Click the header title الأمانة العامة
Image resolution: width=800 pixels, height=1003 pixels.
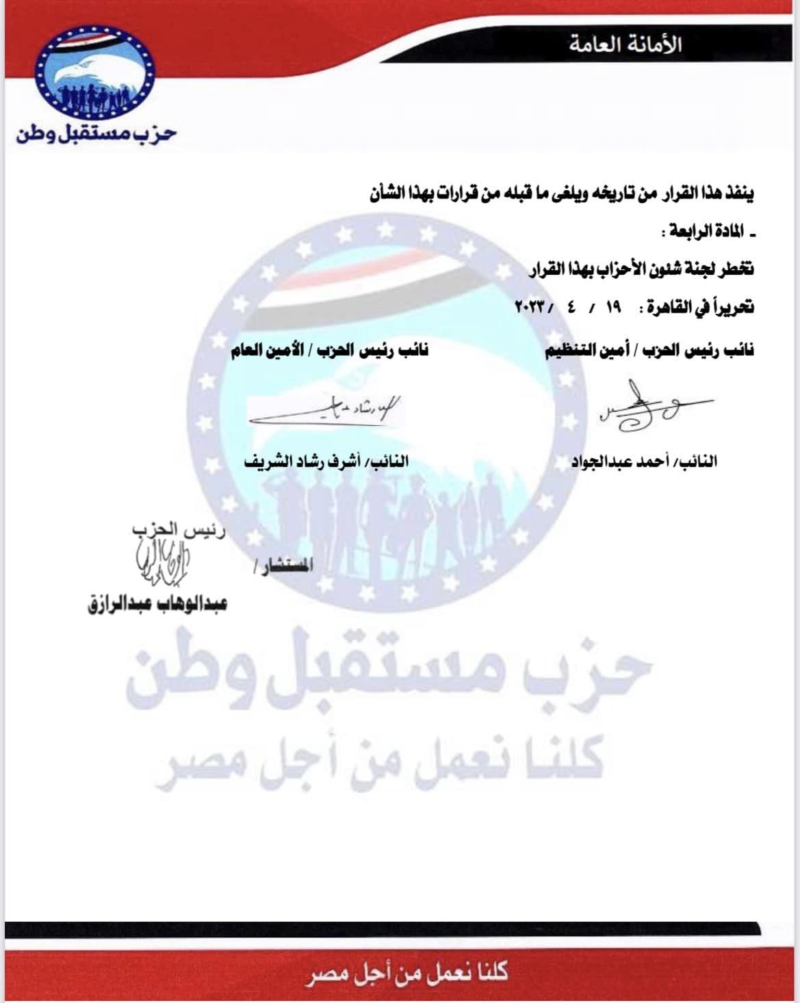(x=625, y=46)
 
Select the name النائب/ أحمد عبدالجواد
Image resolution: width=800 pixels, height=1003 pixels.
(x=644, y=462)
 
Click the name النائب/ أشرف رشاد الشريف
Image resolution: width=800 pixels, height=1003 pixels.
(x=326, y=462)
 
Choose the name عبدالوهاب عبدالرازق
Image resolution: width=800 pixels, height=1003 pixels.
(x=157, y=605)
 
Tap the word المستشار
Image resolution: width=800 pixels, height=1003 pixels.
(x=282, y=566)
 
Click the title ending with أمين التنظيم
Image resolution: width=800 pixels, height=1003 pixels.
(x=649, y=350)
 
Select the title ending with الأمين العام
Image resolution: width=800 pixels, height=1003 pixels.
(x=328, y=350)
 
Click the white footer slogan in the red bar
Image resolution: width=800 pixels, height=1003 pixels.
(x=408, y=972)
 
